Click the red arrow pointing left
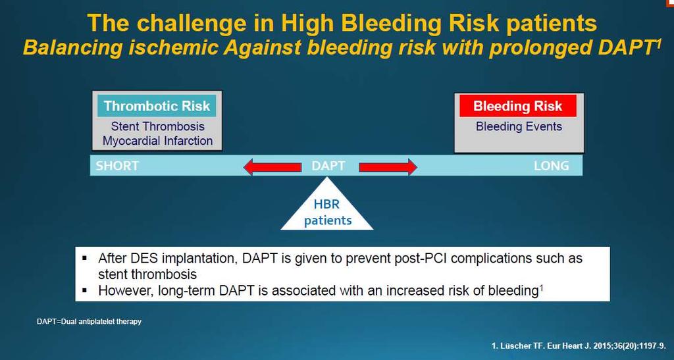coord(272,167)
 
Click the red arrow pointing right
coord(388,167)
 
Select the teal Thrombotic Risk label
coord(157,106)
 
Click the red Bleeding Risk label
coord(518,106)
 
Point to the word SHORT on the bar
coord(117,166)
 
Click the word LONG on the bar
coord(552,166)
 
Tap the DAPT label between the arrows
coord(328,166)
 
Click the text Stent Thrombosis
coord(158,126)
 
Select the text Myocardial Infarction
coord(158,141)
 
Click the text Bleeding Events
coord(519,126)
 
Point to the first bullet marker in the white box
coord(85,259)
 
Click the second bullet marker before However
coord(85,290)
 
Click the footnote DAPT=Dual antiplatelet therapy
coord(89,321)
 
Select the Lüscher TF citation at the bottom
coord(580,346)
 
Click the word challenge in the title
coord(200,23)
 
